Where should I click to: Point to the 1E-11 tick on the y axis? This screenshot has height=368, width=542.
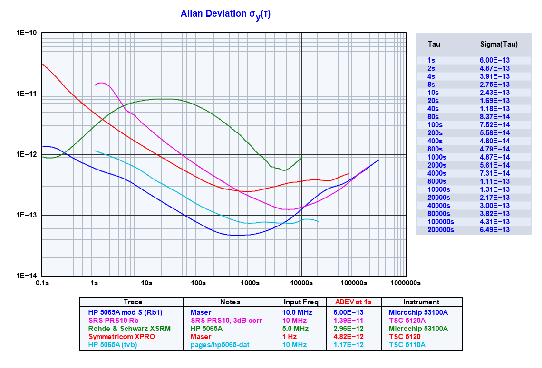pyautogui.click(x=28, y=94)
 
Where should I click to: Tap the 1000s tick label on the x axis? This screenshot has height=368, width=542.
pyautogui.click(x=250, y=283)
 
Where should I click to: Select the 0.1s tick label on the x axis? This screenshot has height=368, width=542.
pyautogui.click(x=42, y=283)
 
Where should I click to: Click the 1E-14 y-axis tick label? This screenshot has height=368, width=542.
pyautogui.click(x=28, y=276)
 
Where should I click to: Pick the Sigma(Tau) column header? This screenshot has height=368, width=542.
pyautogui.click(x=498, y=44)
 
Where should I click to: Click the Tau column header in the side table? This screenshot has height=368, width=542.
pyautogui.click(x=434, y=44)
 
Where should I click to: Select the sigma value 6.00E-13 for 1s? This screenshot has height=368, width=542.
pyautogui.click(x=494, y=60)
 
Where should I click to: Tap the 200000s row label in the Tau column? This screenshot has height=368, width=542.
pyautogui.click(x=441, y=230)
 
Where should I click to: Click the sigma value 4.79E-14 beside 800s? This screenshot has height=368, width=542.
pyautogui.click(x=494, y=149)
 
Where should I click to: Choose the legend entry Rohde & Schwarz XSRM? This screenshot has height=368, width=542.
pyautogui.click(x=129, y=329)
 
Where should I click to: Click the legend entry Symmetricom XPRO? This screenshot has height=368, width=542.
pyautogui.click(x=122, y=336)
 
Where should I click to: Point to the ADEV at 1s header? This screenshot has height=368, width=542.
pyautogui.click(x=354, y=302)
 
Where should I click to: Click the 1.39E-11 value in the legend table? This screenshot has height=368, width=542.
pyautogui.click(x=354, y=321)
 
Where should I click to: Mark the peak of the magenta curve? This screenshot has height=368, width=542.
pyautogui.click(x=101, y=83)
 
